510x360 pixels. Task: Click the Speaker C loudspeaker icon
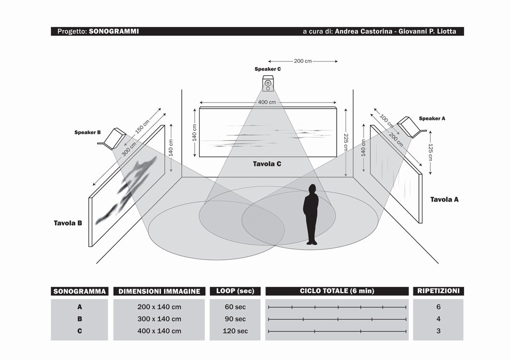[x=268, y=84]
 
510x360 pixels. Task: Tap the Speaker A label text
[x=432, y=119]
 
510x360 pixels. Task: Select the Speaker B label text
[x=88, y=132]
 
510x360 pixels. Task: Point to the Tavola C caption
[x=267, y=163]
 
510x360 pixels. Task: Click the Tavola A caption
[x=444, y=199]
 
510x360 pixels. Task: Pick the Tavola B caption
[x=68, y=223]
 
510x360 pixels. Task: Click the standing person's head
[x=312, y=188]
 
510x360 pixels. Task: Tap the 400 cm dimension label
[x=267, y=102]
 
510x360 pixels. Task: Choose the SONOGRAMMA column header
[x=80, y=291]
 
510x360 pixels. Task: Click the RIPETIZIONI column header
[x=438, y=291]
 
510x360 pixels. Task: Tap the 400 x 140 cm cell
[x=159, y=331]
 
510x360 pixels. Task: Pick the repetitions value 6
[x=438, y=307]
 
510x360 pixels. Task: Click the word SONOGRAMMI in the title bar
[x=114, y=31]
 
